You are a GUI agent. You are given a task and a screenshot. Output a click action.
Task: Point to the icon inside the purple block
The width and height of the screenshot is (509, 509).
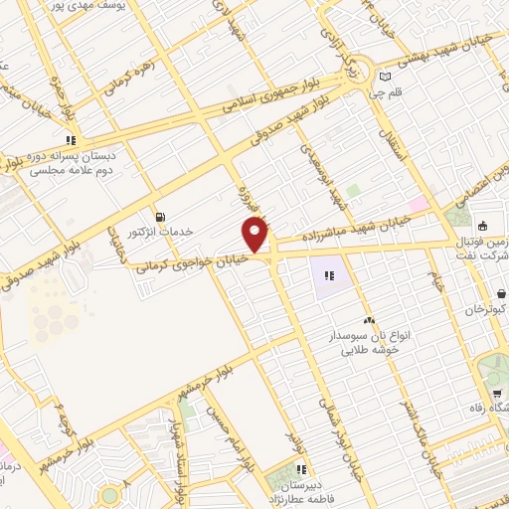(x=329, y=275)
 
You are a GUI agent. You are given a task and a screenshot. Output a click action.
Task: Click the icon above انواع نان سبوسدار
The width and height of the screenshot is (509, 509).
(x=370, y=320)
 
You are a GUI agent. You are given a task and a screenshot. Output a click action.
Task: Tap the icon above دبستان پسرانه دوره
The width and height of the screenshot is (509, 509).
(x=70, y=140)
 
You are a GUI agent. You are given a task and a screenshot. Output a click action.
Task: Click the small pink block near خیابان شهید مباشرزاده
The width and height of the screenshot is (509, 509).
(x=418, y=204)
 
